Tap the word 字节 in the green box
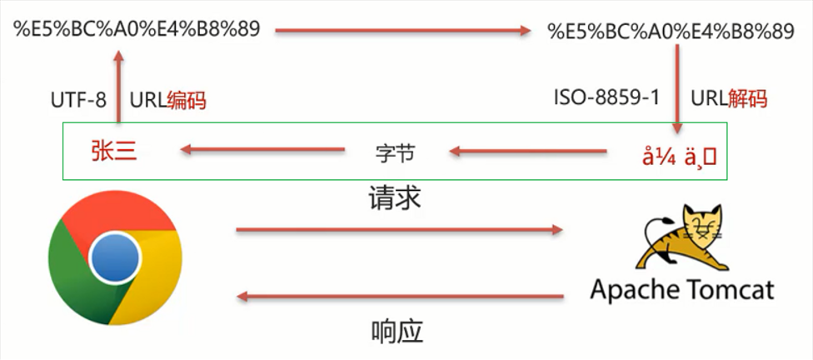pyautogui.click(x=395, y=152)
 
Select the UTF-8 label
pyautogui.click(x=79, y=101)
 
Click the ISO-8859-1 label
pyautogui.click(x=606, y=97)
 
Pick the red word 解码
pyautogui.click(x=746, y=97)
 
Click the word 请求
pyautogui.click(x=396, y=198)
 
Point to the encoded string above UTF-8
pyautogui.click(x=137, y=28)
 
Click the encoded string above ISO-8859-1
pyautogui.click(x=671, y=32)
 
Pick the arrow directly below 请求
pyautogui.click(x=399, y=229)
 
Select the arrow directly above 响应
pyautogui.click(x=399, y=296)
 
